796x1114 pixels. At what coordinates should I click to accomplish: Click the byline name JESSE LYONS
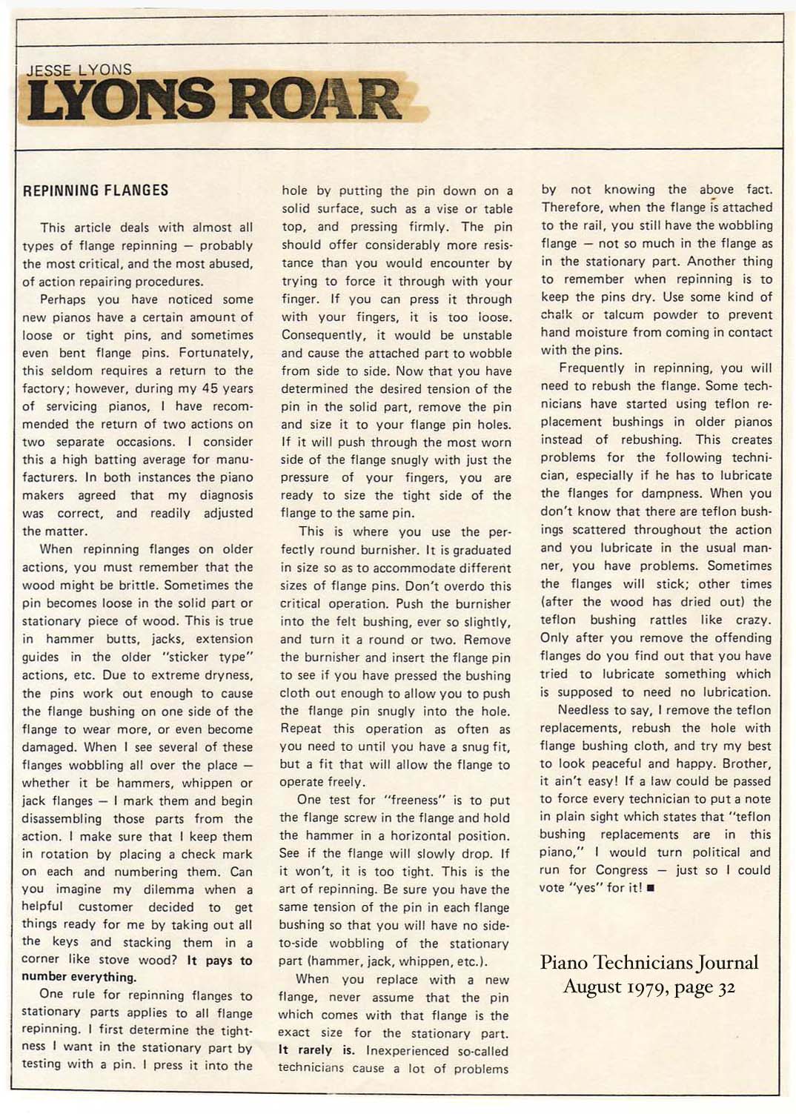tap(79, 70)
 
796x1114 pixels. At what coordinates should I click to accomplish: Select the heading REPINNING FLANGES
tap(96, 190)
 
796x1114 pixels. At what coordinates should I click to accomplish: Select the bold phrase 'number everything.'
tap(79, 977)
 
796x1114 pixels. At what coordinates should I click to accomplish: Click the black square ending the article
tap(651, 889)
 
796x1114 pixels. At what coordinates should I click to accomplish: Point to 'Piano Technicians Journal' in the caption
tap(649, 963)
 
